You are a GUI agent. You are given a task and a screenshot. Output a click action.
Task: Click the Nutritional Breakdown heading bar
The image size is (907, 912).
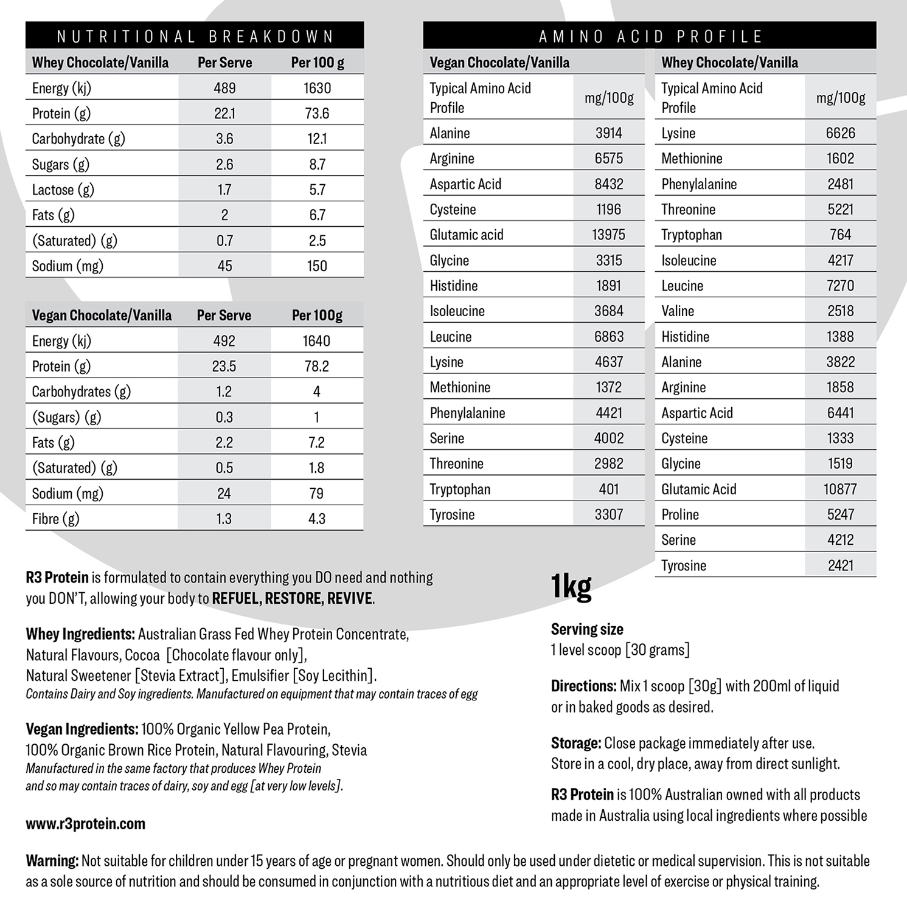(195, 36)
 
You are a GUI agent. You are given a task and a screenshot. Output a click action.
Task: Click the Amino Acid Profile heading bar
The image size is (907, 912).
(650, 36)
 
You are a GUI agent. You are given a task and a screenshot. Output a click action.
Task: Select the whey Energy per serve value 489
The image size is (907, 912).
(224, 88)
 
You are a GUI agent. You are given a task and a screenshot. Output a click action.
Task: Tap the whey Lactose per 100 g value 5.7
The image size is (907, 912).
(317, 190)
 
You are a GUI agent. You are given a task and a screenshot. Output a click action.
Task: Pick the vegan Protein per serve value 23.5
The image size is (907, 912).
(224, 366)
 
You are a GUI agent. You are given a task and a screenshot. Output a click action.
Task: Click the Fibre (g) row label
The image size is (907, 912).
(55, 519)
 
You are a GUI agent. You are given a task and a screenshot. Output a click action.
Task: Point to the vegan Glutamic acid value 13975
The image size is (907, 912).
(608, 235)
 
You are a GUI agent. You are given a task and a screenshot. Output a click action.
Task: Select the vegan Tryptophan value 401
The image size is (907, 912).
(608, 489)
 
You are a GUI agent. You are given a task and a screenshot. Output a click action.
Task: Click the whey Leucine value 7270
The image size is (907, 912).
(840, 286)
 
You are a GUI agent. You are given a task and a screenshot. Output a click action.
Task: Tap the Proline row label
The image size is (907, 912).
(680, 514)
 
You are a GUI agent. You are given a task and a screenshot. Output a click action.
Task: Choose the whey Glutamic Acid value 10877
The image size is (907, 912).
(840, 489)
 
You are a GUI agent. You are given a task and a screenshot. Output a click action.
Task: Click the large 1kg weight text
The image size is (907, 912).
(571, 587)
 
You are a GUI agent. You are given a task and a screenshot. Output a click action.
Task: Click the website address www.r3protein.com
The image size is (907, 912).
(86, 824)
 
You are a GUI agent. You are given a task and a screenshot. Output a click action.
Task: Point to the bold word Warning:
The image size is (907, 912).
(52, 861)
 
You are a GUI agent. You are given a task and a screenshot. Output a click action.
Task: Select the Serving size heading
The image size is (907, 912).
(587, 629)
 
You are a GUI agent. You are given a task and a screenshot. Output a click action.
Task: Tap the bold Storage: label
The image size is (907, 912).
(576, 743)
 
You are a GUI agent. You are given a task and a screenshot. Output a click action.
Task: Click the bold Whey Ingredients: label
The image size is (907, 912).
(80, 634)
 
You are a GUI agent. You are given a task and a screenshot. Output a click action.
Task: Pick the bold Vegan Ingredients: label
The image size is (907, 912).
(82, 729)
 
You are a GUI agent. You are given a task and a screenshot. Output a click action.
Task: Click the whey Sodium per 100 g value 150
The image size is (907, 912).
(317, 266)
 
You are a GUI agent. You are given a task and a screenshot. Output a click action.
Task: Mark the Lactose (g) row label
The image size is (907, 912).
(63, 190)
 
